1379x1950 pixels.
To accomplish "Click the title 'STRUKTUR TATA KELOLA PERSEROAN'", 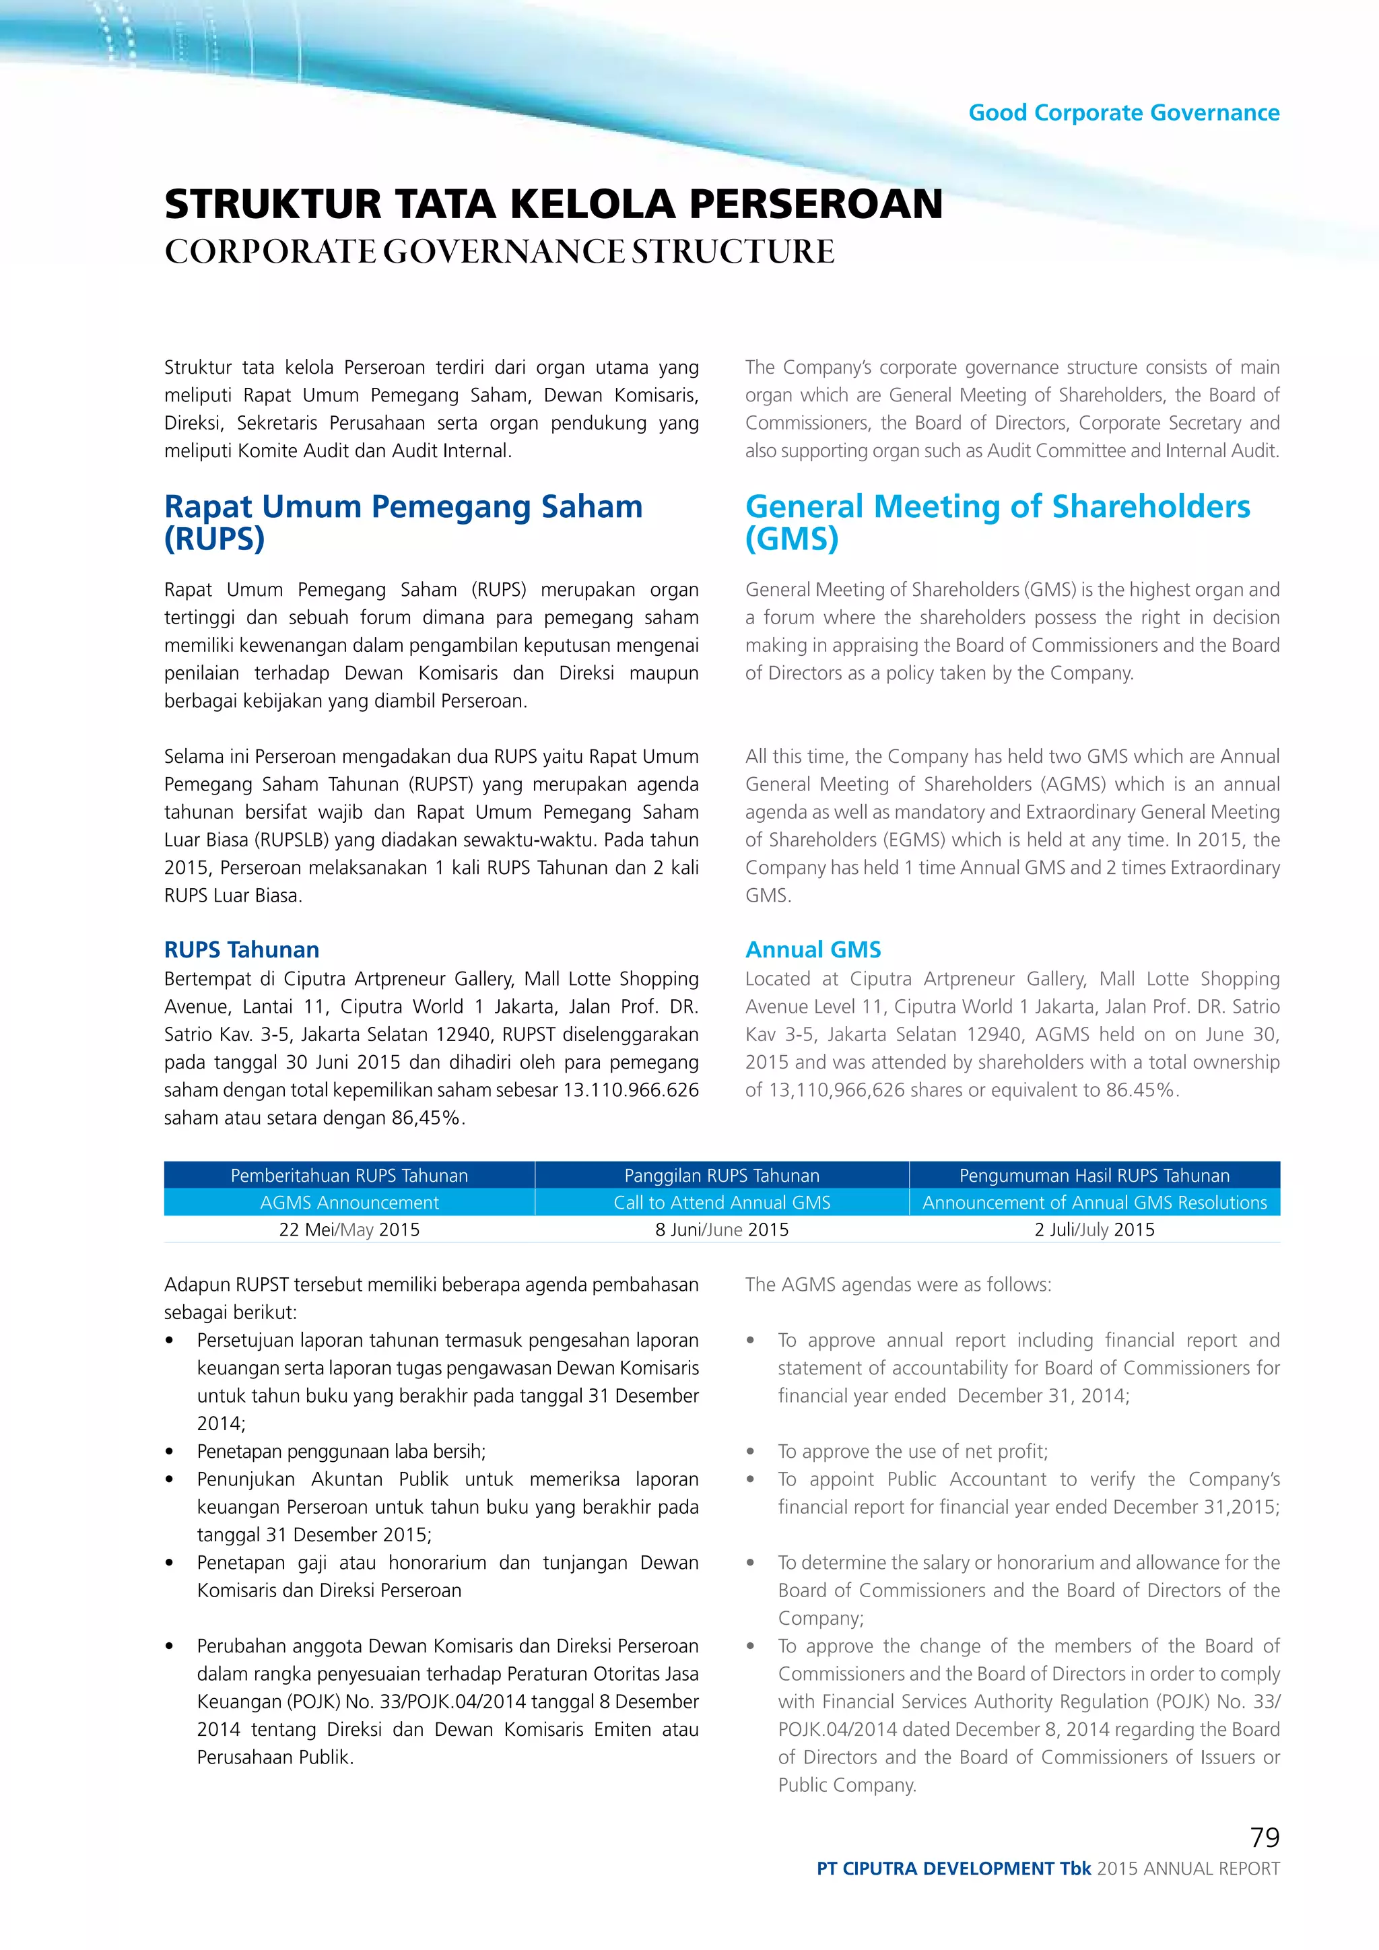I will pos(553,204).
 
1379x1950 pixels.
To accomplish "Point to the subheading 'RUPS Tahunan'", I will pos(241,949).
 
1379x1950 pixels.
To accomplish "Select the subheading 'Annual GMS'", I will pos(813,949).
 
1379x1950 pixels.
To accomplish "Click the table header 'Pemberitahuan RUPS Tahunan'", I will pos(349,1176).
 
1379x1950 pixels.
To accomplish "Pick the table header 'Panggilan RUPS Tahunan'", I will pos(722,1176).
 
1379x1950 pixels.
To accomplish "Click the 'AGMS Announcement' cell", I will pos(349,1203).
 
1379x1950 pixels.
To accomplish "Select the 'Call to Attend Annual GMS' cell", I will pos(722,1203).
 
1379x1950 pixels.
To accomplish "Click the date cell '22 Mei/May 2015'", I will pos(349,1230).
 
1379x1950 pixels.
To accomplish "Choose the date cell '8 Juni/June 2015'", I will pos(722,1230).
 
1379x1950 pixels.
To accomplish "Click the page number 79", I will pos(1265,1837).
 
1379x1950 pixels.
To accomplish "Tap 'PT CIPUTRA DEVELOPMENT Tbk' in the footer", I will pos(953,1869).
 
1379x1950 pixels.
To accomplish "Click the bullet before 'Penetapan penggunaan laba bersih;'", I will pos(170,1452).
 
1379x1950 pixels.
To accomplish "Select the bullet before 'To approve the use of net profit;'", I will pos(751,1452).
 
